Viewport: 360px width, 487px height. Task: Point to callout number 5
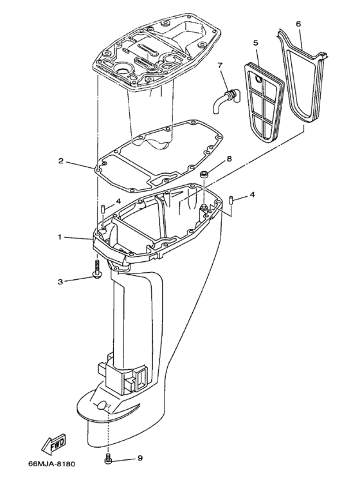click(255, 42)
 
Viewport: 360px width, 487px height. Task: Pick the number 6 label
click(298, 23)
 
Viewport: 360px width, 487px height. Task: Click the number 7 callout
click(219, 65)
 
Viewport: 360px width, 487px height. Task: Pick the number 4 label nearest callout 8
click(252, 194)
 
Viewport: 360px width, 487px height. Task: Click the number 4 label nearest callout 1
click(118, 201)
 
